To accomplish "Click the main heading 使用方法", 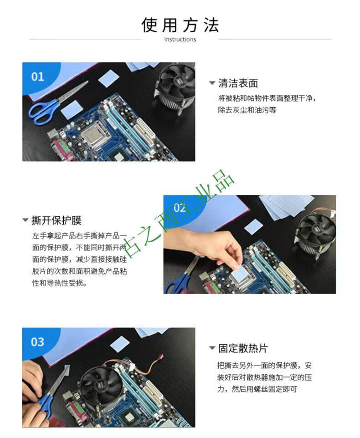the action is click(x=180, y=25).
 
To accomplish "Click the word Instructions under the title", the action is click(x=180, y=40).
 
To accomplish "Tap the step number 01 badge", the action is click(x=37, y=76).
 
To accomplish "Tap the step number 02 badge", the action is click(x=180, y=208).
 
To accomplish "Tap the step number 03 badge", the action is click(x=37, y=342).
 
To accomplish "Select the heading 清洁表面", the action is click(x=238, y=83).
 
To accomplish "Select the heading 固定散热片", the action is click(x=243, y=348).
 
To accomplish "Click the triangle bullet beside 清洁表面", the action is click(x=212, y=83).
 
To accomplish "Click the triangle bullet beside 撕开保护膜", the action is click(x=26, y=220).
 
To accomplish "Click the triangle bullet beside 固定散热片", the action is click(x=212, y=348).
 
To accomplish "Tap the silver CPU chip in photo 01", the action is click(x=94, y=136).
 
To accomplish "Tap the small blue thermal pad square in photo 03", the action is click(x=120, y=346).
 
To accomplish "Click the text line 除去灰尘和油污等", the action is click(x=247, y=110).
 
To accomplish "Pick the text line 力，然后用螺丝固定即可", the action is click(x=257, y=389).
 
